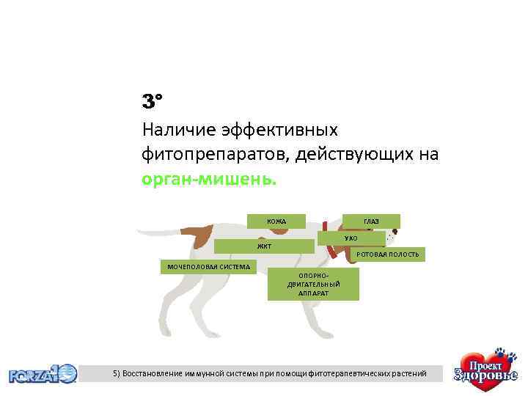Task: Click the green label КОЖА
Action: coord(276,221)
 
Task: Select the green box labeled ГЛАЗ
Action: coord(371,221)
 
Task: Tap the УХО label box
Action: coord(351,238)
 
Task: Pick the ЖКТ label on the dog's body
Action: coord(263,246)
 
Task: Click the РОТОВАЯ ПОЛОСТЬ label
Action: coord(388,254)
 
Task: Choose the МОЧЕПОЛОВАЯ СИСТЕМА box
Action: coord(208,265)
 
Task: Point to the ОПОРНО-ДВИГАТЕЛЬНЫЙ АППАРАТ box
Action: coord(313,284)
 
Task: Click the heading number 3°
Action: coord(152,100)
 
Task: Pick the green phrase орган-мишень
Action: coord(210,179)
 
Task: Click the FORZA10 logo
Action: coord(43,374)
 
